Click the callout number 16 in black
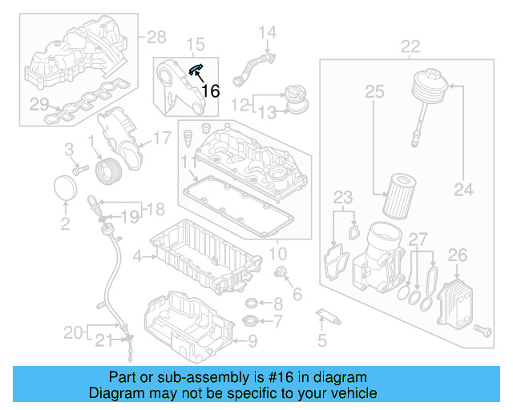coord(210,90)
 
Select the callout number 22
coord(410,46)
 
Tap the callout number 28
coord(156,36)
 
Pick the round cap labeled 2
coord(65,192)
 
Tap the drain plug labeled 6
coord(281,275)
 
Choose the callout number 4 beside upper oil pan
coord(138,256)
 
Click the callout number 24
coord(464,190)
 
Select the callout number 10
coord(277,254)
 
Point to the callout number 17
coord(161,138)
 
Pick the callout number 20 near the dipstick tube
coord(73,332)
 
